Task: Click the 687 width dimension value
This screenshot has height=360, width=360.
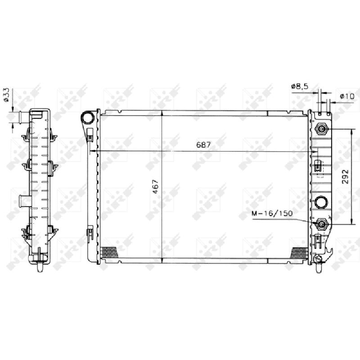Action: tap(203, 145)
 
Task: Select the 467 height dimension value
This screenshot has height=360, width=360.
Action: tap(156, 186)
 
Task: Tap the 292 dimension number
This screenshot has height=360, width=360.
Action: tap(345, 176)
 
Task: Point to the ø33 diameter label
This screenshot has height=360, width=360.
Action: tap(6, 94)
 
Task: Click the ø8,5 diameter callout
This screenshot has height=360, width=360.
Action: tap(300, 86)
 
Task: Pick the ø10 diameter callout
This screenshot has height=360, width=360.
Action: tap(347, 96)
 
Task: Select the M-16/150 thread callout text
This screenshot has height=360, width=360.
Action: tap(272, 213)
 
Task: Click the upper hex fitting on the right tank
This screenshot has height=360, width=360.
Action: tap(322, 130)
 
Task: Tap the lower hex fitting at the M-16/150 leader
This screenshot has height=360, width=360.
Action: tap(322, 224)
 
